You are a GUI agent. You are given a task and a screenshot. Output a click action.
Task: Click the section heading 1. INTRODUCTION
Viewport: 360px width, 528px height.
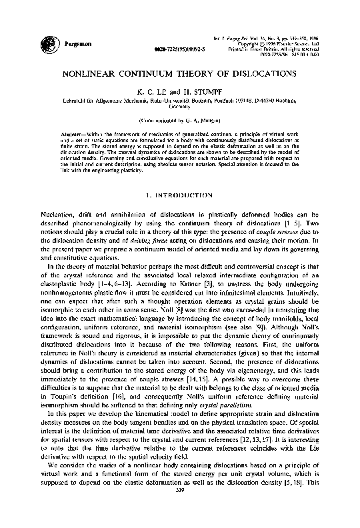pyautogui.click(x=180, y=197)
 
